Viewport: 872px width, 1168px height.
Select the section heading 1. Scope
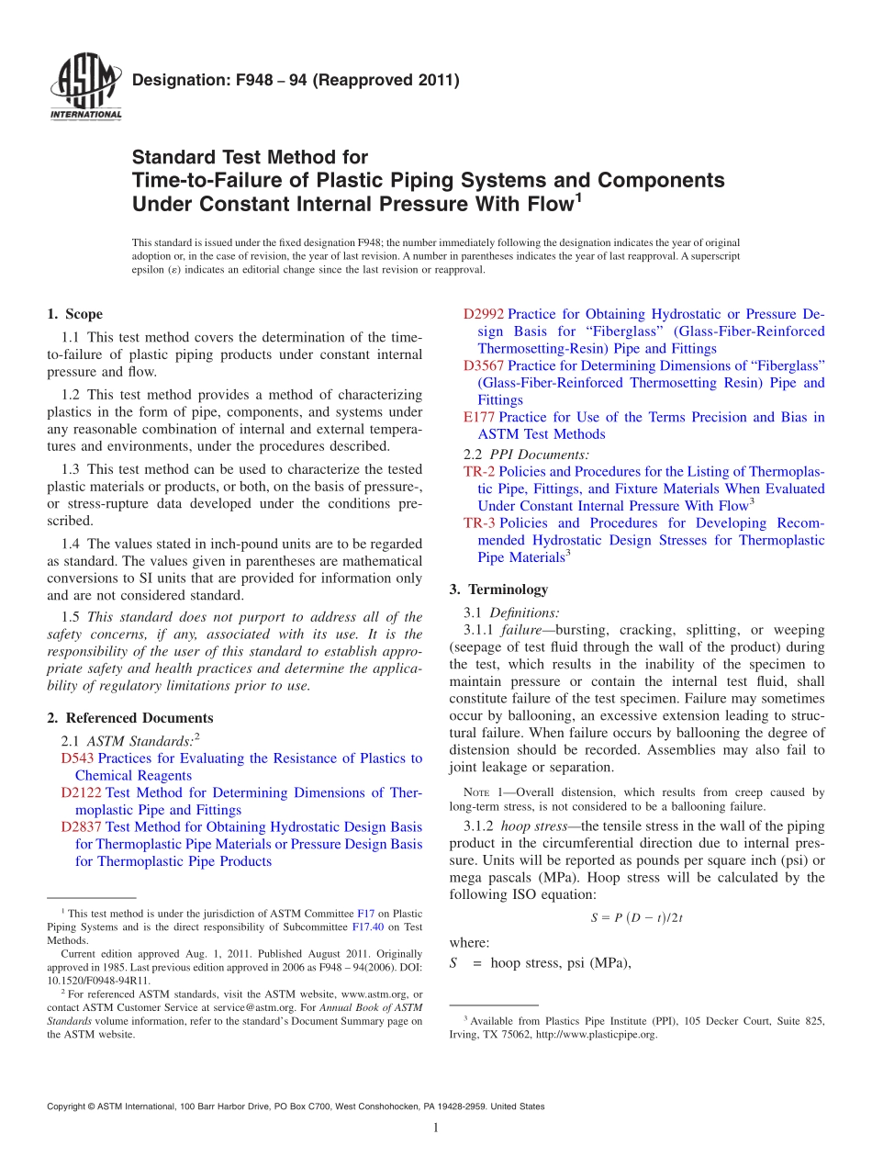[x=74, y=314]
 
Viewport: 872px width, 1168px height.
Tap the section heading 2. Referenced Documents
[x=129, y=718]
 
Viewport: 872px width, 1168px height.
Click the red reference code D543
[x=77, y=758]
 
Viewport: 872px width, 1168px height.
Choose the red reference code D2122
[x=81, y=792]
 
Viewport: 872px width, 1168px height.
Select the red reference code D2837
[x=81, y=827]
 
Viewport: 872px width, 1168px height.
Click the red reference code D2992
[x=483, y=314]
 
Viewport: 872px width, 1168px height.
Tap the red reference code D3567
[x=483, y=365]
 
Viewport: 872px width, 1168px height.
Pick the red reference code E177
[x=479, y=417]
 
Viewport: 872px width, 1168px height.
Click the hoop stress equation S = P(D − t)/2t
[x=636, y=917]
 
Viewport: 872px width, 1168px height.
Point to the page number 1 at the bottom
[x=436, y=1128]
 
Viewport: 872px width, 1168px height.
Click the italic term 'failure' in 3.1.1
[x=523, y=630]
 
